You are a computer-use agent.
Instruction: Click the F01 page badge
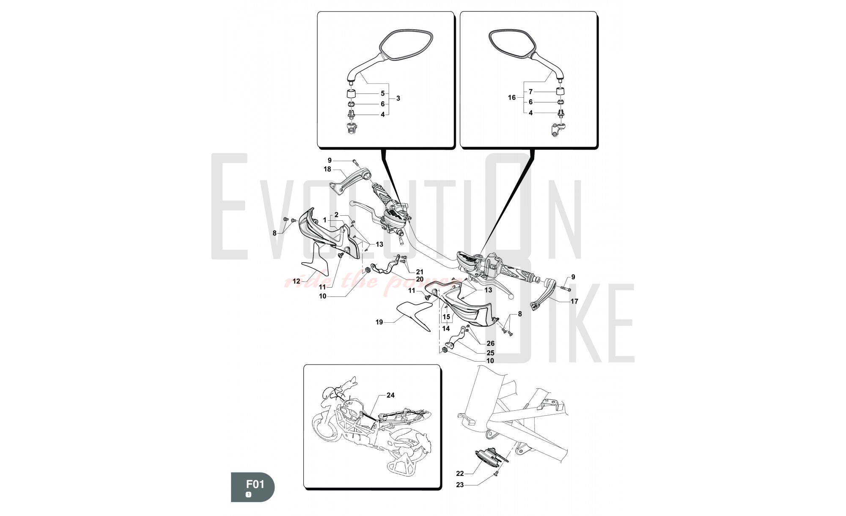tap(253, 487)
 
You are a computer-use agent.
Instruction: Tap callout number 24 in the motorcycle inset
tap(390, 395)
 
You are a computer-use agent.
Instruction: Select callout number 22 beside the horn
tap(460, 473)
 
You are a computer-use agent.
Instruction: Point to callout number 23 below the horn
tap(460, 485)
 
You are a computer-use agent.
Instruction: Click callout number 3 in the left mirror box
tap(398, 98)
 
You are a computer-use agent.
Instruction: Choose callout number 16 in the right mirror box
tap(512, 98)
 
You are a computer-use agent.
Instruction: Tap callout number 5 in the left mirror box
tap(382, 93)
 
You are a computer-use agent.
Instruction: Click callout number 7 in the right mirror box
tap(530, 91)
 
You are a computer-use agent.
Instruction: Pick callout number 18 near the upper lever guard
tap(327, 169)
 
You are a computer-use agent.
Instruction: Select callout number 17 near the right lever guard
tap(574, 302)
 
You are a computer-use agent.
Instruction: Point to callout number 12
tap(296, 281)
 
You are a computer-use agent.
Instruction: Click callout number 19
tap(379, 322)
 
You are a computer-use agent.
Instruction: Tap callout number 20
tap(419, 279)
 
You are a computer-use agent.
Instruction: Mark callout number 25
tap(490, 353)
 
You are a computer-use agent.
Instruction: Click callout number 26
tap(490, 343)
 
